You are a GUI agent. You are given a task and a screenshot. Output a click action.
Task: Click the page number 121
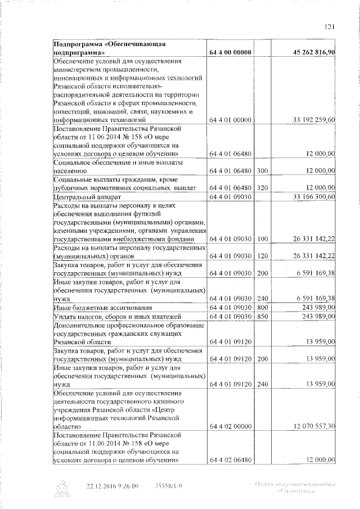click(x=330, y=25)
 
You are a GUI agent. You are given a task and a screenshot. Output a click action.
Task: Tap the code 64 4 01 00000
click(x=229, y=120)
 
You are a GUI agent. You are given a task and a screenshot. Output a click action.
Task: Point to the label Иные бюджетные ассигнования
click(x=95, y=308)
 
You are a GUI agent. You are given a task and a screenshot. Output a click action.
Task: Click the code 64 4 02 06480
click(x=229, y=460)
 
